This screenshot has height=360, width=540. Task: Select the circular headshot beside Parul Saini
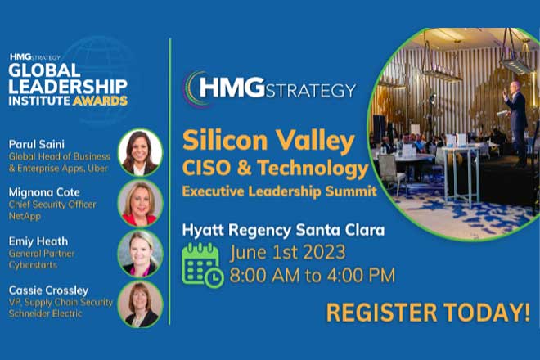[140, 151]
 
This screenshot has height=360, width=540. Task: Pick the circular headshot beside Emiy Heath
[140, 253]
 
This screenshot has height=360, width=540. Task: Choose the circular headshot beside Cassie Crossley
[140, 304]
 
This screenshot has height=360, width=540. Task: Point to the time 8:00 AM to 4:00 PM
[313, 276]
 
